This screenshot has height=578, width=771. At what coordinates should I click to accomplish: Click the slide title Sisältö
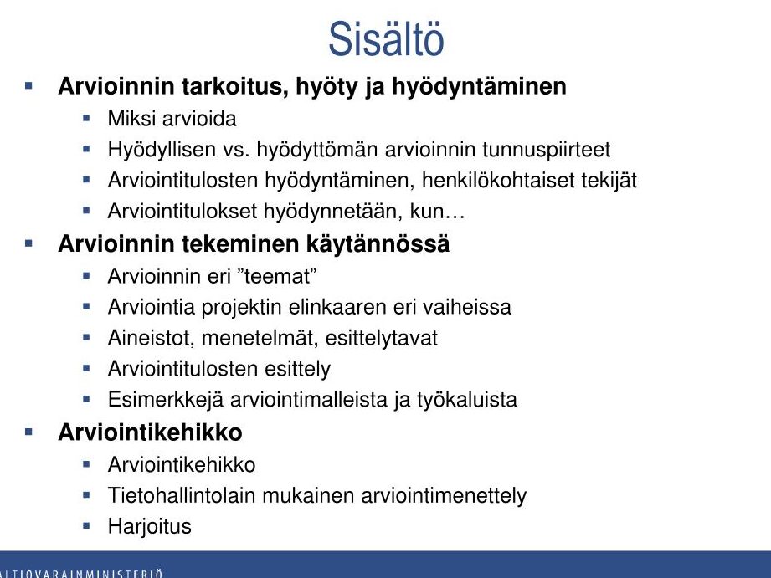(386, 38)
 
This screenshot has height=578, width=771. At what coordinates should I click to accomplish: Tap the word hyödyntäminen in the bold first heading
(479, 87)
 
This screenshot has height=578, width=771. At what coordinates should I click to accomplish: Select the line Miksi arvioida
(172, 119)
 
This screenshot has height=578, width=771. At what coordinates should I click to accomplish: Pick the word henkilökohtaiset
(497, 180)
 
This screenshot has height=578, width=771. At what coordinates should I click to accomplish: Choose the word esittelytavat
(381, 338)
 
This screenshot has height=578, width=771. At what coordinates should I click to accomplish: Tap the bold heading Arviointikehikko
(150, 432)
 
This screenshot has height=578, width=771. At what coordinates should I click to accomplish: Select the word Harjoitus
(150, 526)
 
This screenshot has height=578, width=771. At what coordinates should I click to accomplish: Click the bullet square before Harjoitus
(87, 525)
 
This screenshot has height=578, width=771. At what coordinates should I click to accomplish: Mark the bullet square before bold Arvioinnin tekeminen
(28, 243)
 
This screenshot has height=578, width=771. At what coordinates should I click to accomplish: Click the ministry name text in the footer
(80, 573)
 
